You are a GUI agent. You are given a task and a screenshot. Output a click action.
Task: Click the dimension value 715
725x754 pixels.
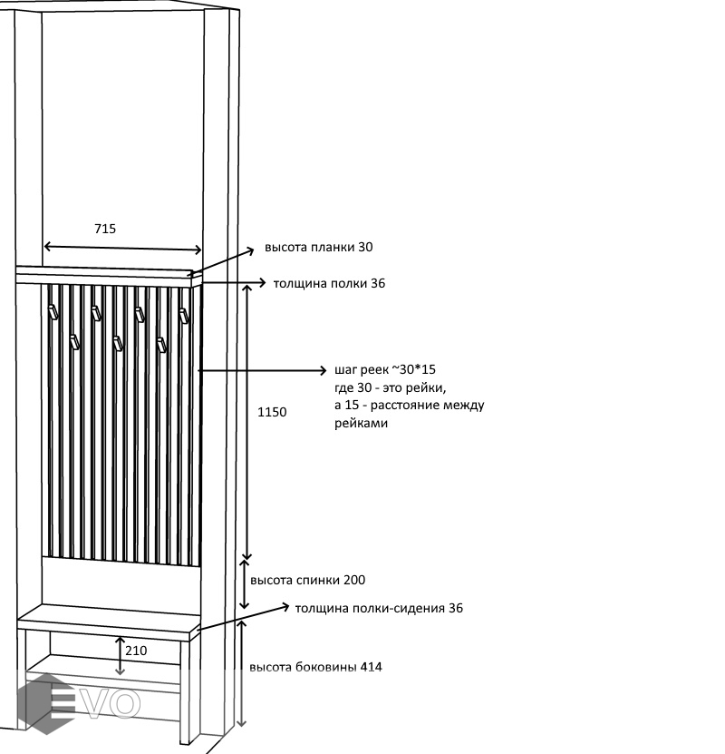(x=105, y=229)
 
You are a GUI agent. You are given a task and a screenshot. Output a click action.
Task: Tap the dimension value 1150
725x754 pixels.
(x=272, y=412)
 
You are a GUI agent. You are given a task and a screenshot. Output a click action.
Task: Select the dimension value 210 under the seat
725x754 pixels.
(x=136, y=651)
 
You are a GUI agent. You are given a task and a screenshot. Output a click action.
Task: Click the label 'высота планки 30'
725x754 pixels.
(x=318, y=247)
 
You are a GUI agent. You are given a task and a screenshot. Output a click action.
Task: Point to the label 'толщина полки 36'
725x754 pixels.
(x=329, y=283)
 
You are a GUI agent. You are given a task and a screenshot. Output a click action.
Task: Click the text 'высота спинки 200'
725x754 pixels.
(x=307, y=580)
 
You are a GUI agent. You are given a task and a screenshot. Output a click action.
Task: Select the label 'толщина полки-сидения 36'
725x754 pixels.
(x=379, y=608)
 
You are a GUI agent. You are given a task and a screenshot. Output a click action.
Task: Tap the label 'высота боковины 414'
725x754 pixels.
(x=315, y=667)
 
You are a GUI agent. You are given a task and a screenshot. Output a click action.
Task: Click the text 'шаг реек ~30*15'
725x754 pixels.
(x=385, y=370)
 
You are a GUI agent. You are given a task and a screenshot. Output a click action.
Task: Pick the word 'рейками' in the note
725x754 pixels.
(x=361, y=423)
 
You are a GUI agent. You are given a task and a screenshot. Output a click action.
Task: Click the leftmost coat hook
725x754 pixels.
(x=53, y=312)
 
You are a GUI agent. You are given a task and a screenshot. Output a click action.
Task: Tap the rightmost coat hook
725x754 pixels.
(x=183, y=316)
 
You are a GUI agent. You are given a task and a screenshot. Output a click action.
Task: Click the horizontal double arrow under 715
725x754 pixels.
(x=122, y=247)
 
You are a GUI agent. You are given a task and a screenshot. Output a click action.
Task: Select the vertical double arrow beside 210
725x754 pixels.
(x=121, y=655)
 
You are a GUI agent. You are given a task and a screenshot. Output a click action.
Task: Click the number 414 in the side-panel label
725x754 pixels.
(x=371, y=667)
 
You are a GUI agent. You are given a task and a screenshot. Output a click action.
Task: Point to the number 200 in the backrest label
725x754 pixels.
(x=353, y=580)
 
